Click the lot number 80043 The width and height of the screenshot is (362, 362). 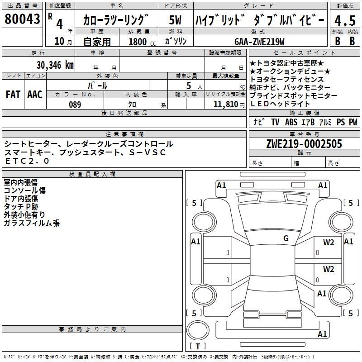pos(23,19)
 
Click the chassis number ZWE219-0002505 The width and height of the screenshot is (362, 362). pos(304,144)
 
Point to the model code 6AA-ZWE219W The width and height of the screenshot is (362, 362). pos(259,42)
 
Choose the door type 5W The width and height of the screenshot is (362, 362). pos(175,20)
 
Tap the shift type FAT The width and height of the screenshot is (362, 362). pos(13,95)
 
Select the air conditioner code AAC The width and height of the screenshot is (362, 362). pos(34,95)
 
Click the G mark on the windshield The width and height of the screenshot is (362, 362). pos(286,238)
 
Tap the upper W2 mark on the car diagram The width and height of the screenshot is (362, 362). pos(329,242)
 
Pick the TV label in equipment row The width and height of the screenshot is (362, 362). pos(275,122)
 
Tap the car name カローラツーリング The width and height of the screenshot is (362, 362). pos(116,20)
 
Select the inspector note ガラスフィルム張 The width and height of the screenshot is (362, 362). pos(32,223)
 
